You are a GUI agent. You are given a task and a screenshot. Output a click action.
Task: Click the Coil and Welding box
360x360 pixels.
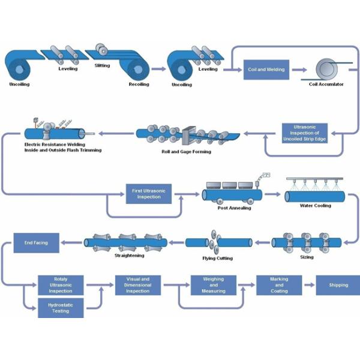tap(266, 69)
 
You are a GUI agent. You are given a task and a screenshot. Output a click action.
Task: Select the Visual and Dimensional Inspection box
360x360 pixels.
tap(137, 285)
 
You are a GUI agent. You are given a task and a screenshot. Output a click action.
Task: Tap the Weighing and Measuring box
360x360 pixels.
tap(214, 285)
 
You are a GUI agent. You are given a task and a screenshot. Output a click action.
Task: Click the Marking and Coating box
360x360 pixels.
tap(279, 285)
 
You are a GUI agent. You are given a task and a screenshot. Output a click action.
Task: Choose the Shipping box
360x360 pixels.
tap(338, 285)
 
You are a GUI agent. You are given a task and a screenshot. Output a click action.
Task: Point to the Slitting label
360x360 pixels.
tap(103, 65)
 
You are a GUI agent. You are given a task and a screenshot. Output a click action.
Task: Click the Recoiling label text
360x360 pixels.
tap(139, 85)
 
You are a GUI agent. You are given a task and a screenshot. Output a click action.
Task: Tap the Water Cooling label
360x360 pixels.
tap(315, 205)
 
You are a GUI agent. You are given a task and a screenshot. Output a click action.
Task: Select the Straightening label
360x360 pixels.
tap(129, 255)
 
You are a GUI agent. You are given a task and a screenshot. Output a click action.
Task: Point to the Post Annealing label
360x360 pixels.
tap(230, 208)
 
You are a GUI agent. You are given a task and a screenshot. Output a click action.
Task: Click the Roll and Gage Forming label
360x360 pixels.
tap(186, 152)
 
